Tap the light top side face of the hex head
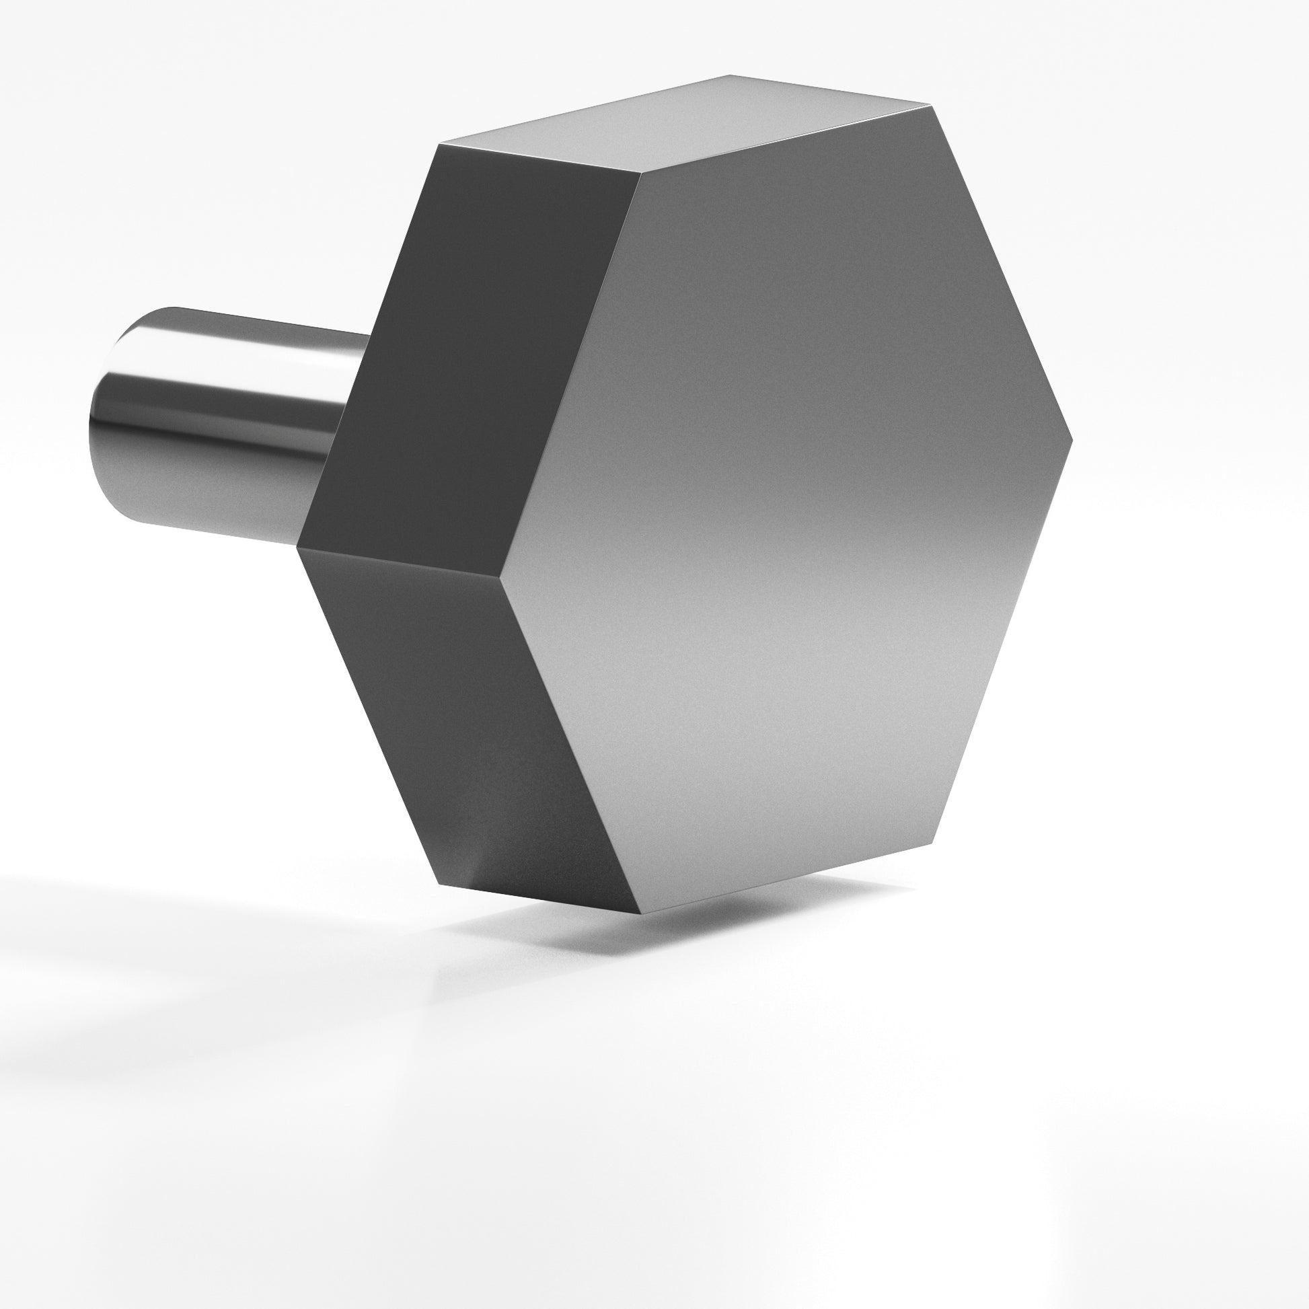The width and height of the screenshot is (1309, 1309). pos(684,125)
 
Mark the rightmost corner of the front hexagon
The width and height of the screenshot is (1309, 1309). pos(1072,439)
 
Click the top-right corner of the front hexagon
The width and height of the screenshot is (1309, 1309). pos(930,106)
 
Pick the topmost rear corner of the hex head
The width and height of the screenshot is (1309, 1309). pos(730,75)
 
